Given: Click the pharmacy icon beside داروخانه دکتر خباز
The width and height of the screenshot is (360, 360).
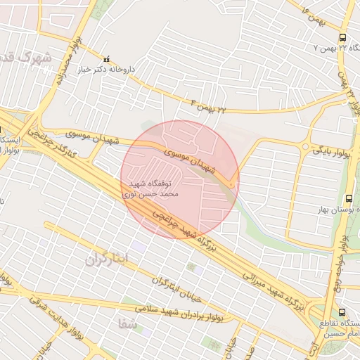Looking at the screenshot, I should point(106,60).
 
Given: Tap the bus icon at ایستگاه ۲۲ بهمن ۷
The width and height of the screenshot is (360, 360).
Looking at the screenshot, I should point(342,37).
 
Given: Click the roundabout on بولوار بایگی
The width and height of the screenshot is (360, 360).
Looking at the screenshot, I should point(307,147).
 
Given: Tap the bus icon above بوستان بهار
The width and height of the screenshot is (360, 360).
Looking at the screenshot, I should point(349,199).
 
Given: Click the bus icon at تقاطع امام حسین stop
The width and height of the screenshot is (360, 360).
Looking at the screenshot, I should point(342,311).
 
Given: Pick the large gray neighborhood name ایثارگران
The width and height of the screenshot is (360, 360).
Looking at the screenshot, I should point(108,259).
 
